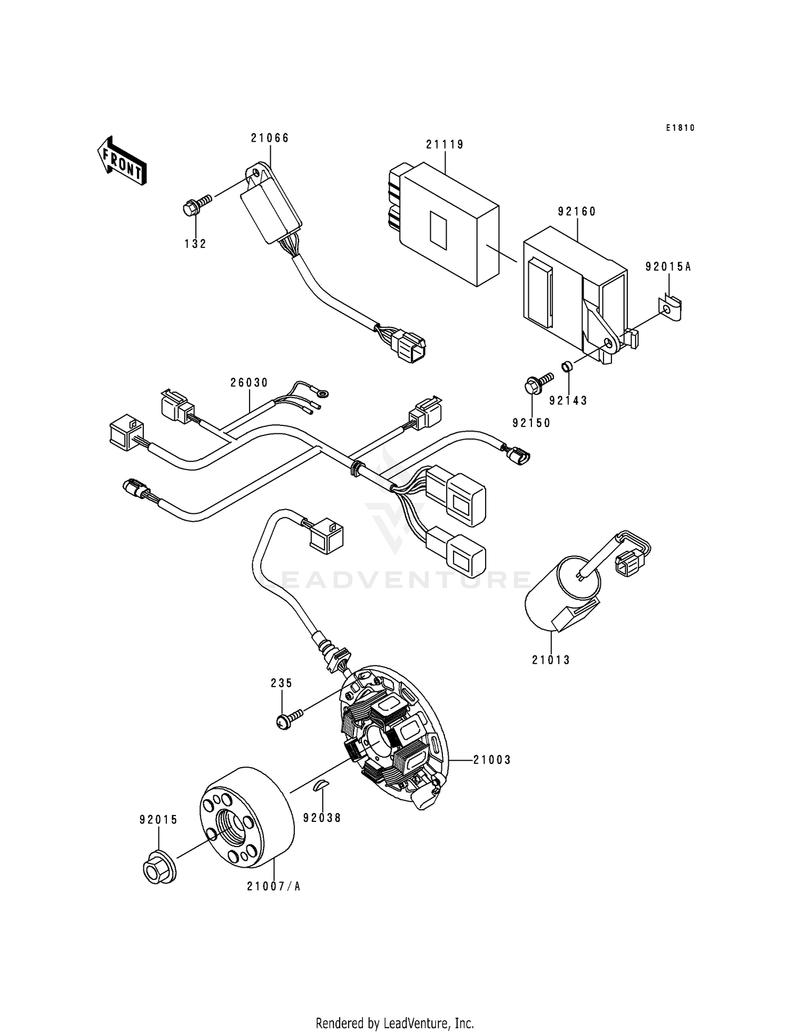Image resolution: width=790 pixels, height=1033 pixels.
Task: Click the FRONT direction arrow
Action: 122,161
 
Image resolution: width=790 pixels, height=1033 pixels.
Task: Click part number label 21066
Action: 270,138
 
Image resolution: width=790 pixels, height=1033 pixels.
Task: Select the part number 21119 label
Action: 445,145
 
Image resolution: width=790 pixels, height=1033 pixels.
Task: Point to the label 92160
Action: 577,212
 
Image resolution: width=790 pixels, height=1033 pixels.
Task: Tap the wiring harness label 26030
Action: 249,383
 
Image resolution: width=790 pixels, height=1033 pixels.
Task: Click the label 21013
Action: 551,660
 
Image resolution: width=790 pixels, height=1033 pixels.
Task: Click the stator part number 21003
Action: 492,760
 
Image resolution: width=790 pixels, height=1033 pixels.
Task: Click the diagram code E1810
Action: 680,128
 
